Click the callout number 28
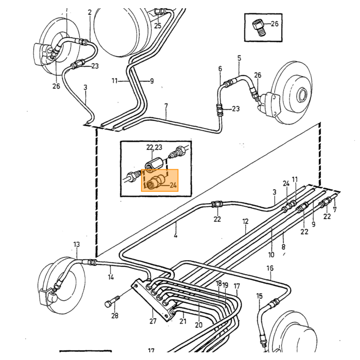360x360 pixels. (x=115, y=316)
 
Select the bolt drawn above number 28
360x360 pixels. (x=112, y=301)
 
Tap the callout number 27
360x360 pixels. (x=153, y=321)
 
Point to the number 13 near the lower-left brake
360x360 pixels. (x=77, y=244)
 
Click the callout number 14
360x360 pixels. (x=111, y=277)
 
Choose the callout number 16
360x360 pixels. (x=270, y=268)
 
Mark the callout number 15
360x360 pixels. (x=259, y=296)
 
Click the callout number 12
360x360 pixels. (x=245, y=222)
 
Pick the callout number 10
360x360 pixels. (x=271, y=255)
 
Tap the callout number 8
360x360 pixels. (x=283, y=247)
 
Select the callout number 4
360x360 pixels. (x=176, y=236)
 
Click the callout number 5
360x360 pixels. (x=239, y=58)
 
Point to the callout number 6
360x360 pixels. (x=220, y=68)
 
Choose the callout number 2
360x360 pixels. (x=90, y=12)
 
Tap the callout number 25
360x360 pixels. (x=158, y=26)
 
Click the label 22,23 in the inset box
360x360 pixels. (x=154, y=147)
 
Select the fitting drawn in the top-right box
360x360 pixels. (x=259, y=28)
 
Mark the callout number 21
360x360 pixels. (x=183, y=321)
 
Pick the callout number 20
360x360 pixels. (x=199, y=325)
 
